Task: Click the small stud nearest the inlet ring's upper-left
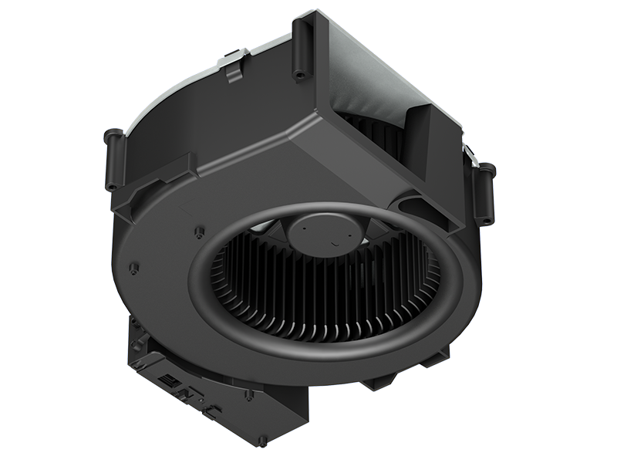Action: (x=199, y=231)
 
